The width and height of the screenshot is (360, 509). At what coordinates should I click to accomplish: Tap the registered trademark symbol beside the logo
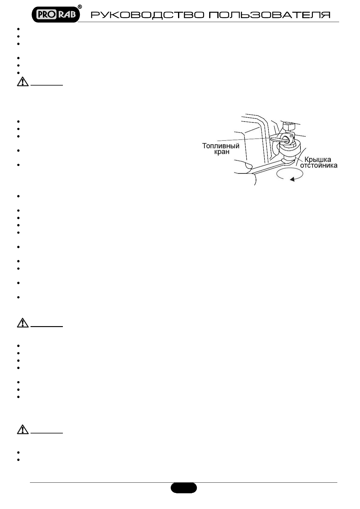click(x=80, y=7)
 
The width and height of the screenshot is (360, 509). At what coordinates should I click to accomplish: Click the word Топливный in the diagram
click(x=221, y=146)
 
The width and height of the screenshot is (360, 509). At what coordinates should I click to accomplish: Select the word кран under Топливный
click(x=222, y=152)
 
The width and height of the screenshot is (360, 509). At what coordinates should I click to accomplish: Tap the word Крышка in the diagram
click(x=317, y=160)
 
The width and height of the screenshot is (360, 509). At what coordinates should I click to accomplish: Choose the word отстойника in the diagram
click(x=318, y=165)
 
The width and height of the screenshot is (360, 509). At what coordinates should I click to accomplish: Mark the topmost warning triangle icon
click(x=23, y=82)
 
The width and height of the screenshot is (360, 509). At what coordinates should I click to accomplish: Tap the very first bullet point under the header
click(x=18, y=29)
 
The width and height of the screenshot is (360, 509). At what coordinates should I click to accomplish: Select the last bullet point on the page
click(x=18, y=460)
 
